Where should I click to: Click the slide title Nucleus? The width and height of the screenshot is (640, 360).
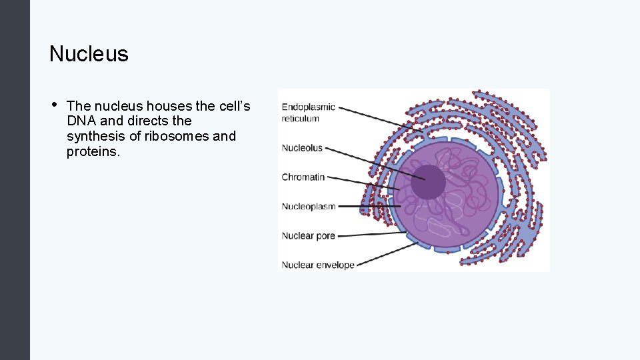[x=89, y=54]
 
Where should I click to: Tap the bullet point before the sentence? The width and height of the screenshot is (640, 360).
[x=53, y=105]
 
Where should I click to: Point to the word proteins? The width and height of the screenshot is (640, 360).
[x=93, y=151]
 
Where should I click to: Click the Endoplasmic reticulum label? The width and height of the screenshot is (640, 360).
[x=308, y=113]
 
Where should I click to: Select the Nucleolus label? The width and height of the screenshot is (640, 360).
[x=302, y=148]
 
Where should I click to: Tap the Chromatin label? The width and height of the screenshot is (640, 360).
[x=303, y=177]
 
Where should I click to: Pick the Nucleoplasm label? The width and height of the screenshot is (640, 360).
[x=309, y=207]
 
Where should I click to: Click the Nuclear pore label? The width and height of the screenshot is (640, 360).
[x=308, y=236]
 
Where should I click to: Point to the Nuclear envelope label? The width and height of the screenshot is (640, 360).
[x=318, y=265]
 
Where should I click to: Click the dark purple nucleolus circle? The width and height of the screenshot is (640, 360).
[x=428, y=182]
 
